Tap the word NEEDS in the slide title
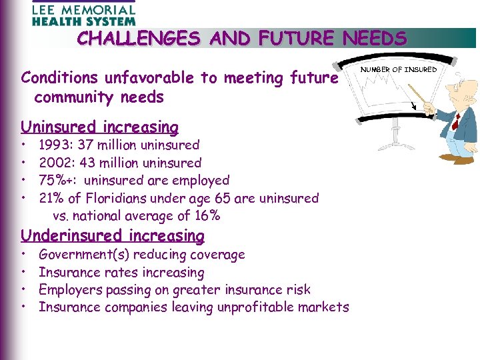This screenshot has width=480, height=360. click(x=374, y=38)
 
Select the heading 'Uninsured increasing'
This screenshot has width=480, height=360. click(x=99, y=127)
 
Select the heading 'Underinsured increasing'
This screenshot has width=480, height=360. click(x=112, y=235)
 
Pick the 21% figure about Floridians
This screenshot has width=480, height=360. click(x=51, y=198)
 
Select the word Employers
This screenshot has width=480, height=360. click(x=69, y=289)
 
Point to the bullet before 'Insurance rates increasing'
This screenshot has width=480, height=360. click(x=23, y=272)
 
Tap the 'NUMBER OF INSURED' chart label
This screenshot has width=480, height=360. click(x=399, y=69)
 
